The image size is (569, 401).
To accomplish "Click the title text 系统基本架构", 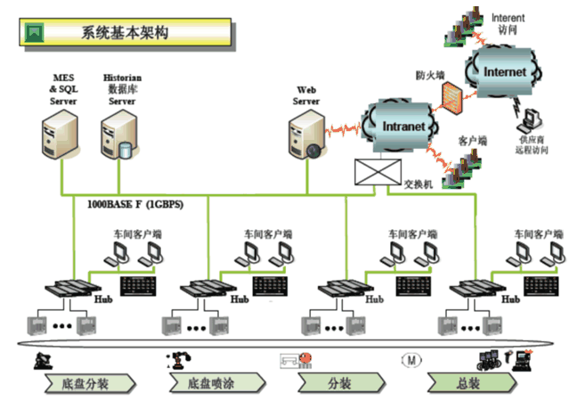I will click(x=124, y=33).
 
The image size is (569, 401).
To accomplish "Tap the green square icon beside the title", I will click(x=35, y=33).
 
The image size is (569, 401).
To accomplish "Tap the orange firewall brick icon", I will click(x=453, y=97).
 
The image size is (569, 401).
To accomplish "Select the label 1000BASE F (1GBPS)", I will click(x=135, y=204).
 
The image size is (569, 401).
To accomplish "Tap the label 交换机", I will click(x=418, y=184).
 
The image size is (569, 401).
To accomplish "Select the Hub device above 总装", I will click(x=472, y=290).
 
